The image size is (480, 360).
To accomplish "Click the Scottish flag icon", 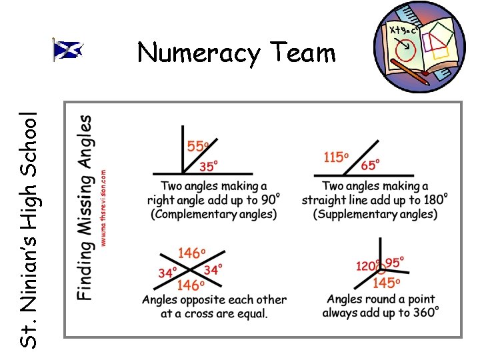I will click(x=67, y=50).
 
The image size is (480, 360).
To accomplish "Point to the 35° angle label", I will click(x=210, y=166).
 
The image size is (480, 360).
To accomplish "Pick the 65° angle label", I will click(x=370, y=164).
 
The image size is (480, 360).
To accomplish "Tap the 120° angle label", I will click(x=367, y=266).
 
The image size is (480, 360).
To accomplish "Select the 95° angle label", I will click(x=395, y=263).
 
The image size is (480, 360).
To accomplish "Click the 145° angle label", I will click(x=386, y=283).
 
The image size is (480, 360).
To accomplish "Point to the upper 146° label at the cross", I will click(x=191, y=253).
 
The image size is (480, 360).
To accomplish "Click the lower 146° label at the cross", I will click(x=191, y=285).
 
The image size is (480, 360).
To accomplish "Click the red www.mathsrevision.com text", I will click(x=104, y=207).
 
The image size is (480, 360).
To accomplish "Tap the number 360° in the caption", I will click(x=423, y=313).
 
